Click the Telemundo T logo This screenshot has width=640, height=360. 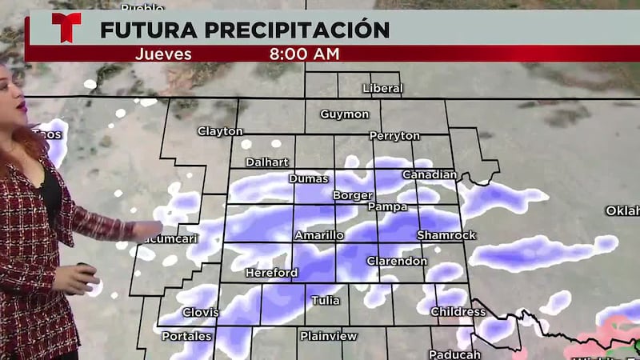(66, 27)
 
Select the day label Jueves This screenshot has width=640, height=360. (163, 54)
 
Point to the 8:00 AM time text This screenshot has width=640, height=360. (304, 54)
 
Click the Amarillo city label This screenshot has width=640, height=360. (319, 235)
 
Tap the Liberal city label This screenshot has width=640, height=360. (382, 88)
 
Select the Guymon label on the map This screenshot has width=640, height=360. (345, 114)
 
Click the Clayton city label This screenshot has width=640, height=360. (220, 131)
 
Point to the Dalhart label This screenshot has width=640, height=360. (266, 162)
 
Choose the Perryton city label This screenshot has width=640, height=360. (395, 136)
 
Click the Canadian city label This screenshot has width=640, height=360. (429, 174)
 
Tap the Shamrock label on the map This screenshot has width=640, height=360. (446, 235)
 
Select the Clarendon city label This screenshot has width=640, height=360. (397, 262)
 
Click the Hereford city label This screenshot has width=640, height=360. (271, 273)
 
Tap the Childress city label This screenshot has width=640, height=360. (458, 311)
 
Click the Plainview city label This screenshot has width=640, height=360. (329, 336)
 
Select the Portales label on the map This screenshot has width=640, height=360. (186, 336)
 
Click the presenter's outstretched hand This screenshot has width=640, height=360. (147, 230)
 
